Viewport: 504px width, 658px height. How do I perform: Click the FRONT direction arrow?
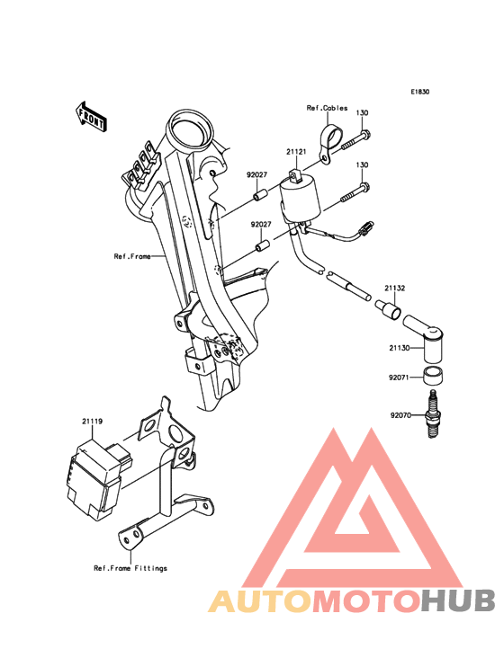(91, 116)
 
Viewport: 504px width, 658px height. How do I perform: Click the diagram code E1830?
(420, 92)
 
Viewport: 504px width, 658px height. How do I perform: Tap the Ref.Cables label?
(328, 108)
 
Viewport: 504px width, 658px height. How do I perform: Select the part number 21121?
(296, 152)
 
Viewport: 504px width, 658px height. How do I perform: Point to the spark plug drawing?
(432, 414)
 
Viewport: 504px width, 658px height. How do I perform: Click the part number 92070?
(400, 415)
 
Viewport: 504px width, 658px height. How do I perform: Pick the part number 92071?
(399, 378)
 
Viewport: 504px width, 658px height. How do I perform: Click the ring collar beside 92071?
(433, 376)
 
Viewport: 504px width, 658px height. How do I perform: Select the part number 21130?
(399, 348)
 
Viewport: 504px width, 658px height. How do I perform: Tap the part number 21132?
(395, 289)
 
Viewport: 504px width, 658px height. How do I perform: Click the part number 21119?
(92, 421)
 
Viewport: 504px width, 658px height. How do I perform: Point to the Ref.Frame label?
(132, 256)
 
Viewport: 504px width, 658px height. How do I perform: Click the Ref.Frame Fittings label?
(130, 568)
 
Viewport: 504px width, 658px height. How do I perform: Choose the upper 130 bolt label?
(362, 112)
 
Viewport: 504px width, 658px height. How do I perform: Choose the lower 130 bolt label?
(362, 164)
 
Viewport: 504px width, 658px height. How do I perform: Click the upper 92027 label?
(256, 175)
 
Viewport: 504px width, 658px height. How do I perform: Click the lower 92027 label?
(261, 225)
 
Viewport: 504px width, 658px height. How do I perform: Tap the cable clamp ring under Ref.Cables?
(332, 136)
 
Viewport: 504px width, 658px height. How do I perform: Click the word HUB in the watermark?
(458, 600)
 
